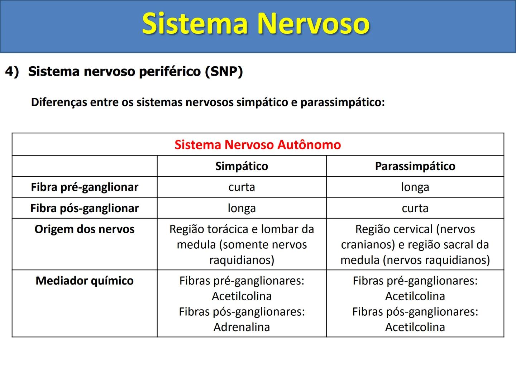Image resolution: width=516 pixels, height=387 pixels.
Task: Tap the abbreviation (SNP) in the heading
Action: [x=224, y=71]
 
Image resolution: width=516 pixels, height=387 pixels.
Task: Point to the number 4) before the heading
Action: [x=12, y=71]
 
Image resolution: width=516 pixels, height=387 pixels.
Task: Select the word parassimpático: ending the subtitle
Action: [x=343, y=102]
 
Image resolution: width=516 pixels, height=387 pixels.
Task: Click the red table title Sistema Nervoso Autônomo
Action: [x=258, y=145]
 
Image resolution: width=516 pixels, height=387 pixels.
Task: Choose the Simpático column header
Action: [x=242, y=166]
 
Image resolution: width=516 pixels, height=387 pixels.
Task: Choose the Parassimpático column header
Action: [x=415, y=166]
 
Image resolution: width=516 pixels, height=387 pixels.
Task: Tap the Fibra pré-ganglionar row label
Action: [x=85, y=187]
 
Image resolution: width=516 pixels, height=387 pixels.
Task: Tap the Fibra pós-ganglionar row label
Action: [x=85, y=208]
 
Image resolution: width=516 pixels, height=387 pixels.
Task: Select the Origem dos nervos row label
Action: [x=85, y=229]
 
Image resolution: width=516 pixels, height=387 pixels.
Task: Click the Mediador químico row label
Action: [x=85, y=281]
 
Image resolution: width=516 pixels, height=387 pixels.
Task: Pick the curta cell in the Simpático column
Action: [x=242, y=187]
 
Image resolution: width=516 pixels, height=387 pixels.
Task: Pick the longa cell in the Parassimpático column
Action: [x=415, y=187]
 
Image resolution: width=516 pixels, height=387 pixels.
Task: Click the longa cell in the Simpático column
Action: [x=242, y=208]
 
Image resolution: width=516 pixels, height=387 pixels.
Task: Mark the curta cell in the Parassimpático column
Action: [x=415, y=208]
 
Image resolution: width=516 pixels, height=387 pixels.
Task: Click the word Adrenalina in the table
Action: [x=242, y=327]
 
